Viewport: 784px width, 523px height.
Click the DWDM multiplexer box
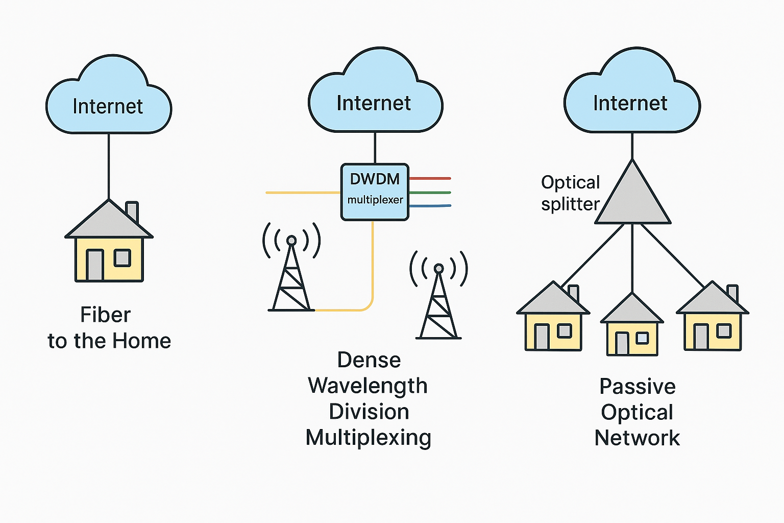[375, 192]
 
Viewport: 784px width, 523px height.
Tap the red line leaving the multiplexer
[430, 178]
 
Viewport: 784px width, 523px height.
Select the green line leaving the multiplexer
[430, 193]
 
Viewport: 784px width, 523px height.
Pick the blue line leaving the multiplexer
[430, 206]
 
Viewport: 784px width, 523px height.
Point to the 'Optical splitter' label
[570, 193]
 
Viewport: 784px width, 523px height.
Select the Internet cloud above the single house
[108, 102]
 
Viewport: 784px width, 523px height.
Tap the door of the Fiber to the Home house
[94, 265]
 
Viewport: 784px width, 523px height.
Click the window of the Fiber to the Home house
[122, 258]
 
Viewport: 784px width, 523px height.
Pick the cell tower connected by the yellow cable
[291, 276]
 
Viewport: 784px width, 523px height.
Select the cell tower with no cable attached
[438, 304]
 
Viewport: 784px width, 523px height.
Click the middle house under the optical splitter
[632, 327]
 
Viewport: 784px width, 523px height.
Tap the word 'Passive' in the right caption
[637, 386]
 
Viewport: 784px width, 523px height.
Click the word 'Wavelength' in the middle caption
[367, 386]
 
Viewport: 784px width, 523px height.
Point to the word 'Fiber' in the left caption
[106, 315]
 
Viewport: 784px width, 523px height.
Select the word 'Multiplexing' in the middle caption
[368, 438]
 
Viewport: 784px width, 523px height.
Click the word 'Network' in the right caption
[637, 438]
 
